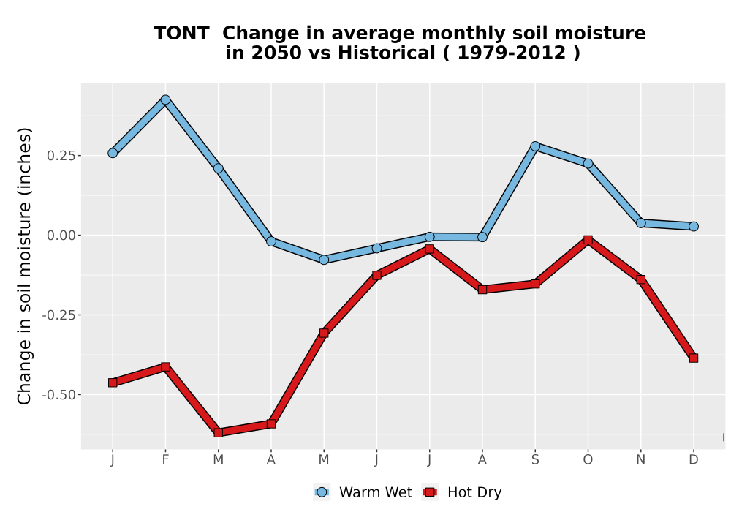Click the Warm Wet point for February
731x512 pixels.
click(x=165, y=99)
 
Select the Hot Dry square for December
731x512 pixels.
click(x=694, y=358)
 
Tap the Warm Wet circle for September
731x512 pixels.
click(x=535, y=146)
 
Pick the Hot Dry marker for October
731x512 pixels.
click(x=588, y=240)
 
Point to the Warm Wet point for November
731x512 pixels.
click(x=641, y=223)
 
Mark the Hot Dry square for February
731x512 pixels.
click(x=165, y=367)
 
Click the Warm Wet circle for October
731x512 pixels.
click(x=588, y=163)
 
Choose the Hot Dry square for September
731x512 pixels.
click(x=535, y=284)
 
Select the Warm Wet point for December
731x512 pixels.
click(x=694, y=227)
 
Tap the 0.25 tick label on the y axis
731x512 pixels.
click(x=61, y=156)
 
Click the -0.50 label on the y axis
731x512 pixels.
click(x=58, y=395)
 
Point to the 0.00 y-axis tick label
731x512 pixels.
click(x=61, y=236)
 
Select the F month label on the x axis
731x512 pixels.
click(x=165, y=460)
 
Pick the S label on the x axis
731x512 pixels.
click(x=535, y=460)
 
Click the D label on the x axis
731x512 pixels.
click(x=694, y=460)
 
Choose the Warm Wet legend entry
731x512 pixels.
click(x=363, y=492)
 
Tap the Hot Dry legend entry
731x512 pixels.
click(x=462, y=492)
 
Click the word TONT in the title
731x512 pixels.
click(x=181, y=34)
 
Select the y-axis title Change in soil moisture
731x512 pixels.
click(x=24, y=266)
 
